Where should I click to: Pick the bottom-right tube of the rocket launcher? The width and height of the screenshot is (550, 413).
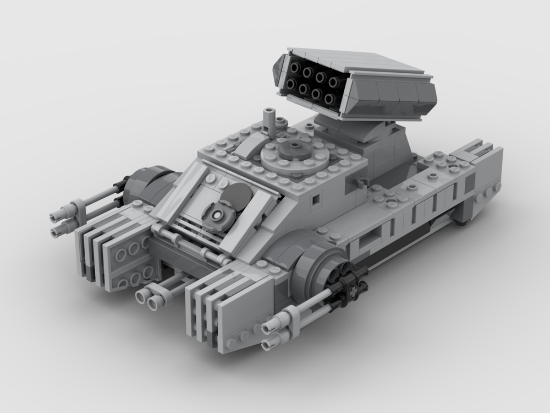click(329, 99)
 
